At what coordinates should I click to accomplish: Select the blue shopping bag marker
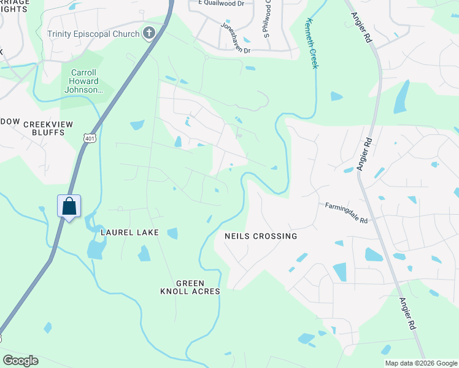point(69,206)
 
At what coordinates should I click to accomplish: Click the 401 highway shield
point(90,139)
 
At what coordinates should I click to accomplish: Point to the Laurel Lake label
point(130,232)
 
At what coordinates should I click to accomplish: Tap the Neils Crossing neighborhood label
point(261,236)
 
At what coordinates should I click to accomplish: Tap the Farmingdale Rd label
point(346,212)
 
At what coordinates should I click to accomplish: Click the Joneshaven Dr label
point(237,39)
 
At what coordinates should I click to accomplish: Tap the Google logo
point(20,361)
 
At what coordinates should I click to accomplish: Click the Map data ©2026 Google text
point(421,363)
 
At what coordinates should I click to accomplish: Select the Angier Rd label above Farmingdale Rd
point(364,154)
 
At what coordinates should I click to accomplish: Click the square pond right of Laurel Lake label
point(172,233)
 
